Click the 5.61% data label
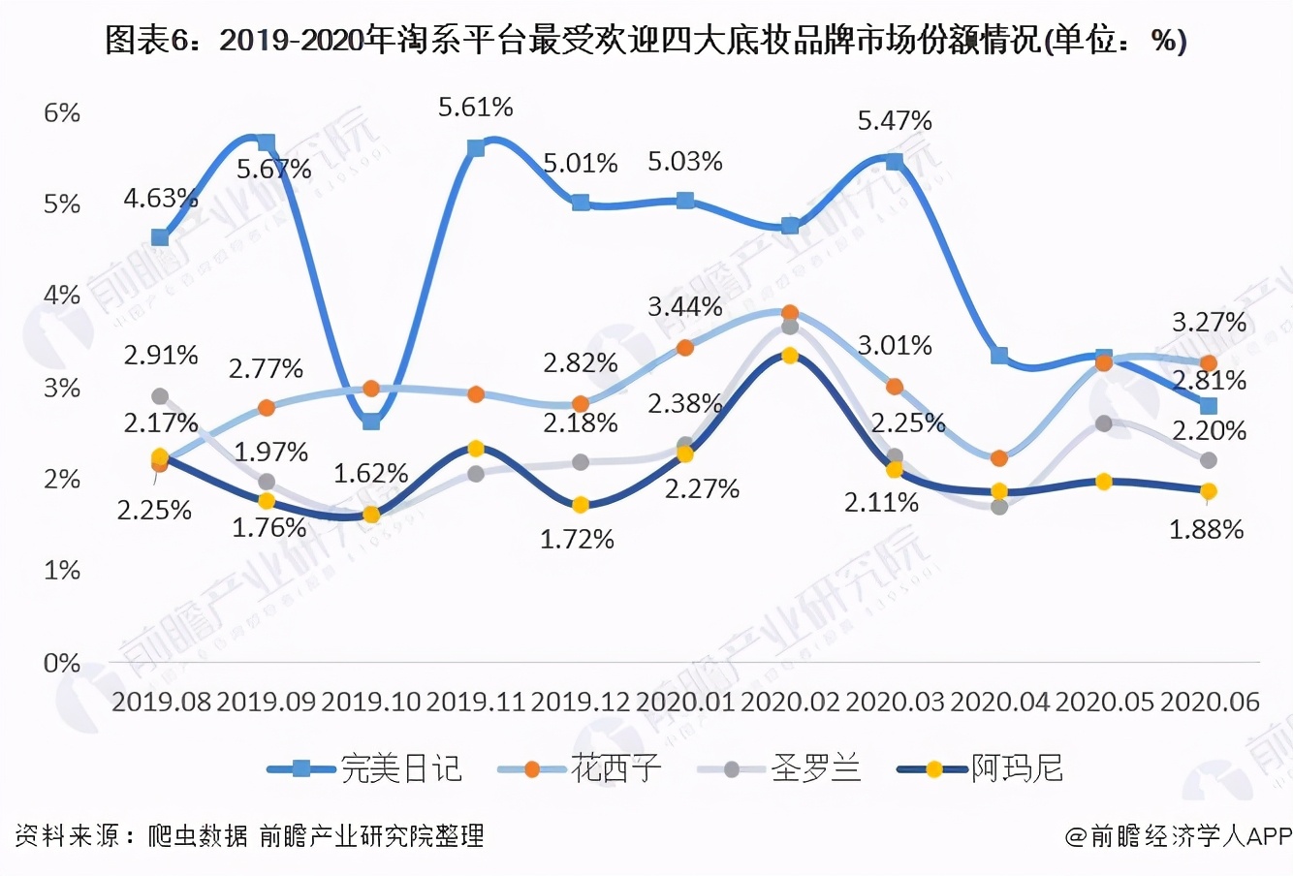[x=475, y=107]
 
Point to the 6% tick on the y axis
[x=62, y=112]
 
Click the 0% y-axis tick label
[x=62, y=663]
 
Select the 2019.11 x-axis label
[x=475, y=702]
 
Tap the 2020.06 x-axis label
[x=1209, y=702]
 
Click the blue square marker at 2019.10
[x=371, y=421]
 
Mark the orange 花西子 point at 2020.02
[x=790, y=313]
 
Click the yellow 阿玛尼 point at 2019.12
[x=581, y=505]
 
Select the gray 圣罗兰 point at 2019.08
[x=160, y=396]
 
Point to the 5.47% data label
[x=895, y=121]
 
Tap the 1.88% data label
[x=1206, y=529]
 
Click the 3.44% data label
[x=685, y=307]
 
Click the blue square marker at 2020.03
[x=895, y=162]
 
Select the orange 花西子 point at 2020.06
[x=1209, y=363]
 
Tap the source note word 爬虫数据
[x=198, y=835]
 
